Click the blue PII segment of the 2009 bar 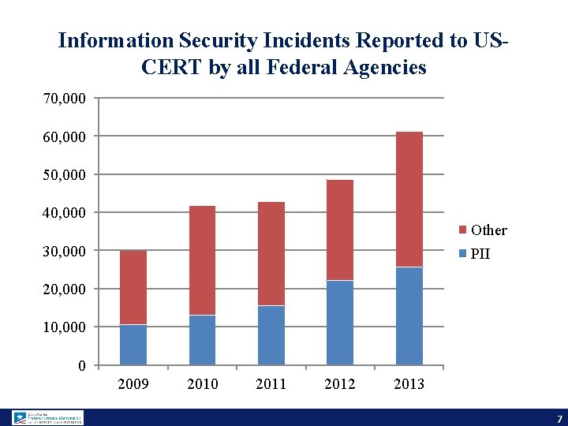tap(133, 345)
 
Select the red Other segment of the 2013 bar tap(409, 200)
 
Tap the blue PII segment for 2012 tap(340, 323)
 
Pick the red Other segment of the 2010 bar tap(202, 260)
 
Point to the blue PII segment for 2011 tap(271, 335)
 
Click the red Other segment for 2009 tap(133, 287)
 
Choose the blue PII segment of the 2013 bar tap(409, 316)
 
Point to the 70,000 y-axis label tap(65, 99)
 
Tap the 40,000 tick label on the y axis tap(65, 213)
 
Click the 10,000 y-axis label tap(65, 327)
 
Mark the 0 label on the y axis tap(82, 365)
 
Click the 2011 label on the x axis tap(271, 384)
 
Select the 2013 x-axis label tap(409, 384)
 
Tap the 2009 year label tap(133, 384)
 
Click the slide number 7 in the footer tap(559, 418)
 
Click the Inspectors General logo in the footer tap(47, 417)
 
